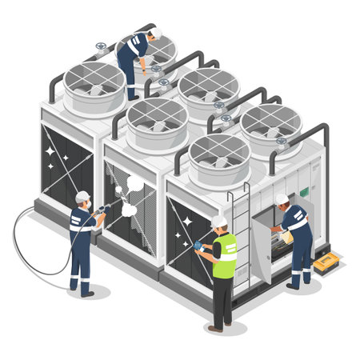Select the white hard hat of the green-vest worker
[219, 222]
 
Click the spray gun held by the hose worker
[102, 210]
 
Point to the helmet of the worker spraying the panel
[82, 197]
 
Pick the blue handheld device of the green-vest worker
[198, 246]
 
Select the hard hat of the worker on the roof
[156, 33]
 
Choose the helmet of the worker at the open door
[282, 199]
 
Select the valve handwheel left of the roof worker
[101, 46]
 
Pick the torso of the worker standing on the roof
[131, 50]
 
